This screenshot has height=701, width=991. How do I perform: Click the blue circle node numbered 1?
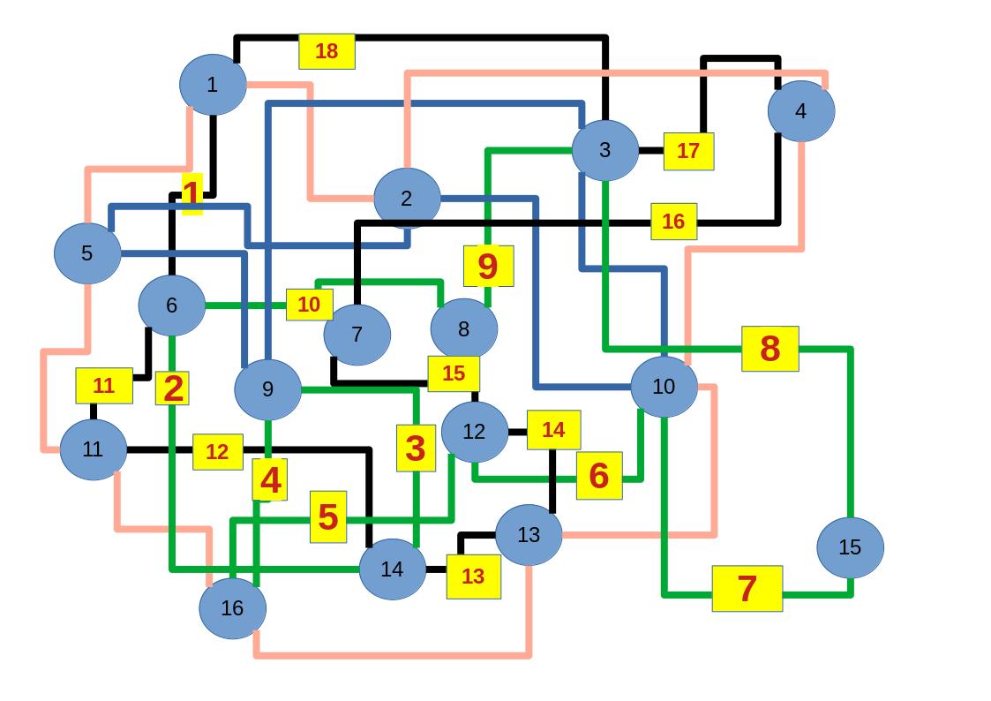(212, 85)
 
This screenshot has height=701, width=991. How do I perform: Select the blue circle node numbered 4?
(800, 111)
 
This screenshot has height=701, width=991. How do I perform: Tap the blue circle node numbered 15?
(849, 547)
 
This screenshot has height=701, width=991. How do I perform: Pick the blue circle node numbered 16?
(232, 607)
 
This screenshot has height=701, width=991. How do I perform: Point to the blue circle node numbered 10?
(664, 387)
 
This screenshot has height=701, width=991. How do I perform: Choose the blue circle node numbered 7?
(357, 335)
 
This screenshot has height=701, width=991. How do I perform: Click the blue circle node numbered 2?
(406, 199)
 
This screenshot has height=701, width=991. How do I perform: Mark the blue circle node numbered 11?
(93, 449)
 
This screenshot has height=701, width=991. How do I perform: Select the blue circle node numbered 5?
(86, 253)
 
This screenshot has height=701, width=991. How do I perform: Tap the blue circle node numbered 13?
(528, 534)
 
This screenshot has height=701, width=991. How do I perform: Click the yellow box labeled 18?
(327, 51)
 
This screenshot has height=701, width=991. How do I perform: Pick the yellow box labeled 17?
(688, 151)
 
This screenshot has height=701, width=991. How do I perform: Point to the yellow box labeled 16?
(673, 222)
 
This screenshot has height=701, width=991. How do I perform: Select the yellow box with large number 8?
(770, 349)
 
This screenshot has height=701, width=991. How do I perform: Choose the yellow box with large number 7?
(747, 588)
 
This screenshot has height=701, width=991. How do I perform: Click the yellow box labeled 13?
(473, 577)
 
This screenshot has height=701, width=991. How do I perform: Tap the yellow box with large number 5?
(327, 516)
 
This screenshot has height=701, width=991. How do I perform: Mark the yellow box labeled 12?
(217, 452)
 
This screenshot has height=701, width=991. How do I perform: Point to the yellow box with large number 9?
(488, 266)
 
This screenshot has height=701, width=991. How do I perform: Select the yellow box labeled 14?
(553, 430)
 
